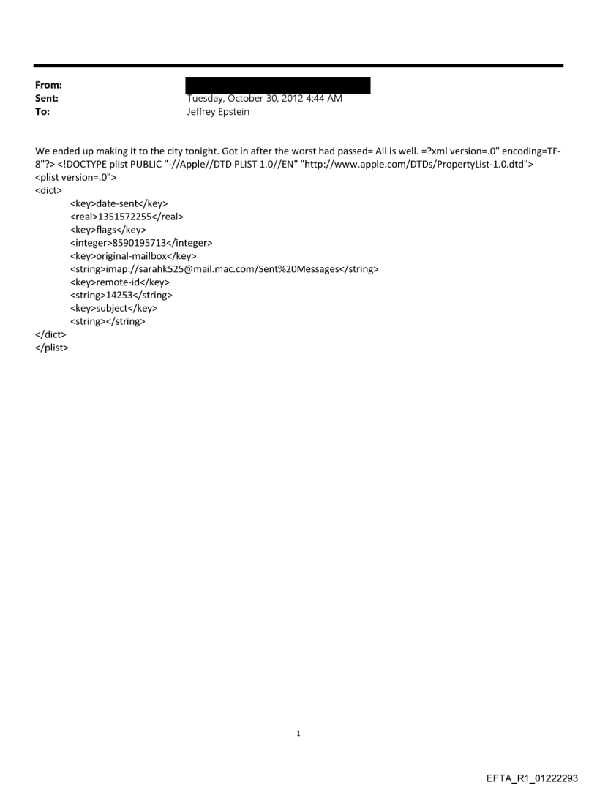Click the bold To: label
click(x=42, y=112)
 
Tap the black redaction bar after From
click(x=278, y=86)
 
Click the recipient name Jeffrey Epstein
click(x=218, y=112)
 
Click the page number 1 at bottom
click(x=298, y=733)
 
